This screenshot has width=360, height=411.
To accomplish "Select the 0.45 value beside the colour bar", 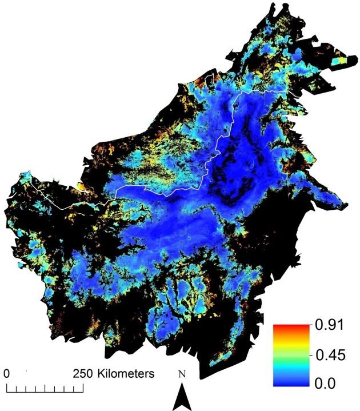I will [x=330, y=354].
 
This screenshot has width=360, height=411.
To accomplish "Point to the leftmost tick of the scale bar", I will [x=7, y=389].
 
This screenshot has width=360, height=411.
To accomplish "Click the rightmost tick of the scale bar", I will [x=83, y=389].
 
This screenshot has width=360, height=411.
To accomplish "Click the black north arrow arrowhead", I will [x=182, y=397].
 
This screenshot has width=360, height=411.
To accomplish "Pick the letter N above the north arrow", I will [x=182, y=376].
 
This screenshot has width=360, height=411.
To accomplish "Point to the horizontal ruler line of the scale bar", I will [x=45, y=393].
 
